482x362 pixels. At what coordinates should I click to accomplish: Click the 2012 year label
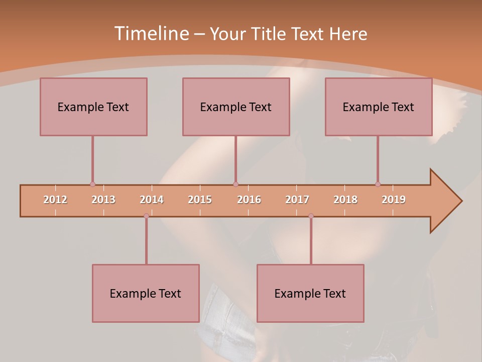point(55,200)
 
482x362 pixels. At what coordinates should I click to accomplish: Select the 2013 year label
point(103,200)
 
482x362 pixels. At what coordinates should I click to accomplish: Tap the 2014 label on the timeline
point(152,200)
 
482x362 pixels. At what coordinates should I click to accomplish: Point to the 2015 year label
point(200,200)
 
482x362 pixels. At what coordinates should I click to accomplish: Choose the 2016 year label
point(249,200)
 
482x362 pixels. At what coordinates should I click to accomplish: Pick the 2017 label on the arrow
point(297,200)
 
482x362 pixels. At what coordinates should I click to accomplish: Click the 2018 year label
point(345,200)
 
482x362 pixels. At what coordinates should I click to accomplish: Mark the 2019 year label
point(394,200)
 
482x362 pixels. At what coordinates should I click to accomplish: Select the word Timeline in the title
point(151,34)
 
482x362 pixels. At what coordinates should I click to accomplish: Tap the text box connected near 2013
point(93,107)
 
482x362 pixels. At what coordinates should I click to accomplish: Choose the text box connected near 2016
point(236,107)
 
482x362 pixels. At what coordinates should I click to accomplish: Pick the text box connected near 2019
point(379,107)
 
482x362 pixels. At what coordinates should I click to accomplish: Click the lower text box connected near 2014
point(146,293)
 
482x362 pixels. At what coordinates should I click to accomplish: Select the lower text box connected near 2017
point(310,293)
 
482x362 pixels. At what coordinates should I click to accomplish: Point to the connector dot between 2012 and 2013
point(92,185)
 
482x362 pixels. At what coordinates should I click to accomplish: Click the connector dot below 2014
point(146,216)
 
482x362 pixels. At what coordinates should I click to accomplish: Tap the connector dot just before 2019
point(378,185)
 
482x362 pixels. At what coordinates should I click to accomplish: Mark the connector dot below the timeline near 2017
point(311,216)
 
